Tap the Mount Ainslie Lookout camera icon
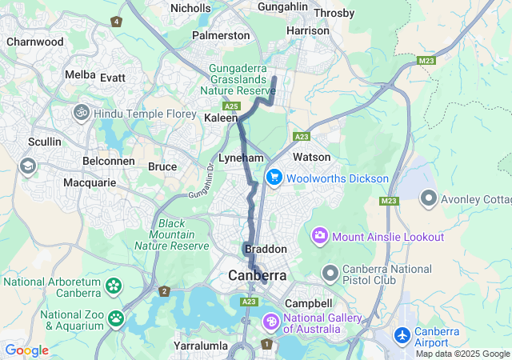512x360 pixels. point(320,236)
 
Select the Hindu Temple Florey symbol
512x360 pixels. point(81,114)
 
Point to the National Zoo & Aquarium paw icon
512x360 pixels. point(117,319)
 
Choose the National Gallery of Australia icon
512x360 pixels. point(272,322)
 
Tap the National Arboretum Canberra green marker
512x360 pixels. point(114,286)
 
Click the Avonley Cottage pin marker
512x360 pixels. point(429,197)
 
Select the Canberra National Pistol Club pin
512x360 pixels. point(330,274)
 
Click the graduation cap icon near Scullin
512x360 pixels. point(28,166)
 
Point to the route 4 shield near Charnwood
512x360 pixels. point(118,22)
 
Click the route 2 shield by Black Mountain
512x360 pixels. point(164,290)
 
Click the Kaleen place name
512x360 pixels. point(221,118)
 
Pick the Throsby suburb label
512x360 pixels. point(334,13)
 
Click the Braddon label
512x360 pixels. point(266,250)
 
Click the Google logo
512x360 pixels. point(26,350)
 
